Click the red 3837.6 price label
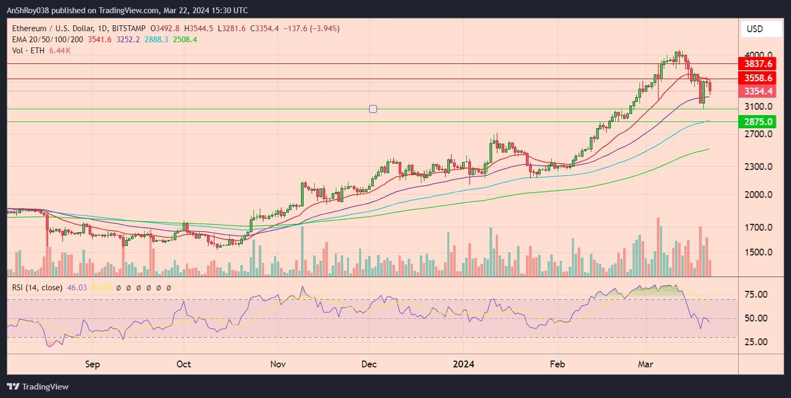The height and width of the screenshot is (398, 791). click(x=758, y=64)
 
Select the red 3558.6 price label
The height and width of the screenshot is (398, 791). click(x=758, y=78)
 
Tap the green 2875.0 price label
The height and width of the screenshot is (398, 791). click(x=758, y=122)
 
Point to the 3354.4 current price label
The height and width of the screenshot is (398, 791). click(x=758, y=91)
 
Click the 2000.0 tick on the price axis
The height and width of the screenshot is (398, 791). click(x=758, y=194)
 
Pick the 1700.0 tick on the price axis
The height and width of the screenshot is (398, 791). click(x=758, y=228)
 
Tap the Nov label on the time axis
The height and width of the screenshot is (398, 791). click(x=278, y=364)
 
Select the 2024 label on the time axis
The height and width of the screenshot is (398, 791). click(x=463, y=364)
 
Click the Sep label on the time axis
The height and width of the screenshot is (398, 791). click(x=92, y=364)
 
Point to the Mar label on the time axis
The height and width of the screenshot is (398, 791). click(x=646, y=364)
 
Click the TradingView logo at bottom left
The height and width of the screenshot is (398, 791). click(x=37, y=386)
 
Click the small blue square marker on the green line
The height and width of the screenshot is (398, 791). click(x=373, y=109)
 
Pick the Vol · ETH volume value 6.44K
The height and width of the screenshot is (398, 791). click(x=60, y=51)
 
